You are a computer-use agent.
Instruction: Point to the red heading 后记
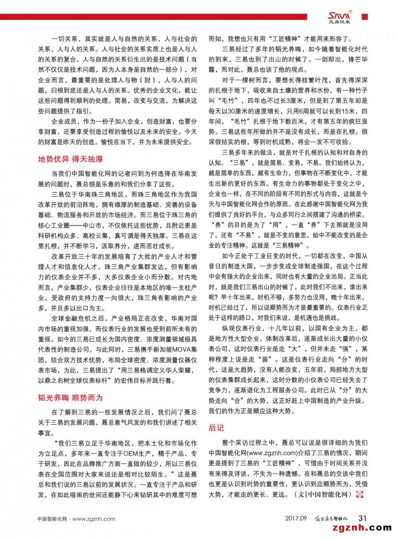[x=216, y=427]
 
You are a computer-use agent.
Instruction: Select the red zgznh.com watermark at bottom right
[x=365, y=528]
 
